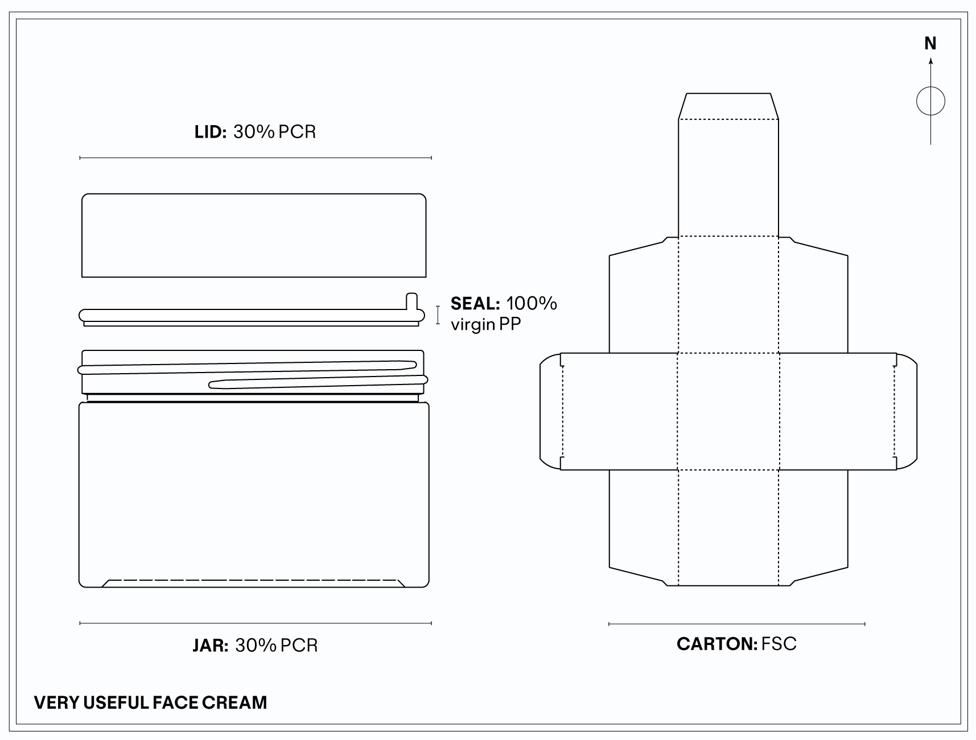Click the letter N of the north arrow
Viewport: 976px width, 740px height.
[x=930, y=43]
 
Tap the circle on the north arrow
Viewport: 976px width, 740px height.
[x=930, y=88]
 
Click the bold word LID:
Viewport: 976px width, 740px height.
[x=211, y=132]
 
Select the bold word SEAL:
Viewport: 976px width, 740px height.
[x=475, y=304]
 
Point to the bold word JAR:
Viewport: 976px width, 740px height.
[x=211, y=646]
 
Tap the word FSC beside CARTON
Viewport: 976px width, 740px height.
[x=779, y=644]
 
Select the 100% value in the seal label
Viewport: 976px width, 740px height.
[x=532, y=303]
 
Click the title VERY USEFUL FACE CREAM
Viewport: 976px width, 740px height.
[x=151, y=702]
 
